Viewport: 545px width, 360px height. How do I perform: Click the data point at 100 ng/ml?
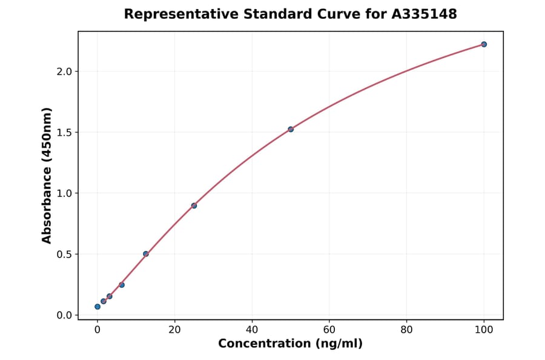pos(484,44)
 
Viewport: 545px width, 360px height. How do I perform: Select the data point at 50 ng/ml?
pos(291,129)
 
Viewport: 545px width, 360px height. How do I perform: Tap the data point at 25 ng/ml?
pos(194,205)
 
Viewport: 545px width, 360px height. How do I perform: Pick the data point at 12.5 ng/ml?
pos(146,254)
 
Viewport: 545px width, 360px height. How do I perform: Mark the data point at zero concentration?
pos(97,307)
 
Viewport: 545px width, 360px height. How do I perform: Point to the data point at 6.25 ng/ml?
pos(122,285)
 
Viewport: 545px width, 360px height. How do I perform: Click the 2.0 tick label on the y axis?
pos(64,72)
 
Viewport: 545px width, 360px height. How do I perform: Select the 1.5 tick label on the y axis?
pos(64,132)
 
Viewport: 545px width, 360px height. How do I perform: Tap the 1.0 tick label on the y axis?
pos(64,193)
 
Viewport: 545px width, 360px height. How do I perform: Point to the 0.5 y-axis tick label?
pos(64,255)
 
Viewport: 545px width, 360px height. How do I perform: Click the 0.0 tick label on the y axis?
pos(64,315)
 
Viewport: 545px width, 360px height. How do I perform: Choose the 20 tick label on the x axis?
pos(174,330)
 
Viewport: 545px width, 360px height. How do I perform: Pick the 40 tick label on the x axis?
pos(252,330)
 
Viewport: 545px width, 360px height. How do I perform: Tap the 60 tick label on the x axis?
pos(329,330)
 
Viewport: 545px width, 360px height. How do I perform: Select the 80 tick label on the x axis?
pos(406,330)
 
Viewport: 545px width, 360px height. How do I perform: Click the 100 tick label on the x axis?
pos(484,330)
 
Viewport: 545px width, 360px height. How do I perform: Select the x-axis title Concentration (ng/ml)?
pos(290,344)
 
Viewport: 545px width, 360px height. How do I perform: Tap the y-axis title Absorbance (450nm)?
pos(47,175)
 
